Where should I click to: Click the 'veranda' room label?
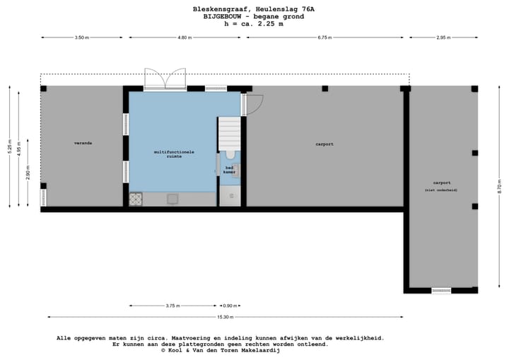83,144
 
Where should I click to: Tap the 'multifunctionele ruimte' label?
174,154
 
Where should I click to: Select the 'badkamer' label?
230,170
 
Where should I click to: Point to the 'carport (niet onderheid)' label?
441,185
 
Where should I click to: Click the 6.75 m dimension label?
325,37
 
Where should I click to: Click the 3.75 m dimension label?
172,306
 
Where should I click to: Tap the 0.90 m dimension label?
230,306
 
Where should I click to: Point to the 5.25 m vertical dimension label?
9,147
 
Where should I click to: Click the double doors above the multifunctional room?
165,79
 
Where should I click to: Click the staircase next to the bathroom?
230,131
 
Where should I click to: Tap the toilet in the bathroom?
230,154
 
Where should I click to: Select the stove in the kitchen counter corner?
135,199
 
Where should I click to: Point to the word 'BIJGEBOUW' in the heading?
224,16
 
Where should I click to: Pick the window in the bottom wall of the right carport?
441,290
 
